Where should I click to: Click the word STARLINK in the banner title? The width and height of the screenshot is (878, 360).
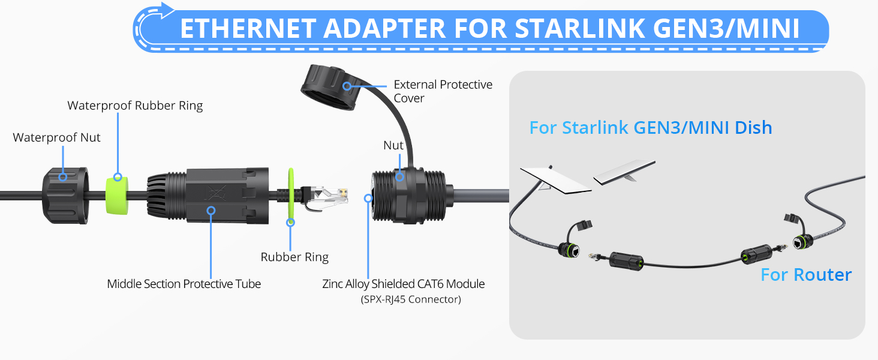click(x=580, y=28)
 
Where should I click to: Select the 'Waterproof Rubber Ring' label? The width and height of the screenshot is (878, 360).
click(x=135, y=106)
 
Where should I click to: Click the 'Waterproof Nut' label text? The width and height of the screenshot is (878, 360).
click(x=56, y=137)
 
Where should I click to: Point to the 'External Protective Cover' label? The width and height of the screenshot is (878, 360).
click(x=443, y=91)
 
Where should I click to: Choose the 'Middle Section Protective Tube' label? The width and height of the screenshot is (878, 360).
click(x=184, y=284)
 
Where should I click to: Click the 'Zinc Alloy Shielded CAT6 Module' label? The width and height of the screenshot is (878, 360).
click(x=404, y=284)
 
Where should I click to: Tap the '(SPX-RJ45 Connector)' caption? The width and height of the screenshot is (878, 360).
click(x=411, y=299)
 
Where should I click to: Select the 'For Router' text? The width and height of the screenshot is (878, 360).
click(x=806, y=275)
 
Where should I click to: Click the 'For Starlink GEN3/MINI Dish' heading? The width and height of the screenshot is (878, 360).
click(x=651, y=128)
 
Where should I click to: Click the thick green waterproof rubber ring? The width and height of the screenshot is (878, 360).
click(x=117, y=196)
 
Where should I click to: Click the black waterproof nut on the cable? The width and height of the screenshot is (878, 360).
click(x=65, y=196)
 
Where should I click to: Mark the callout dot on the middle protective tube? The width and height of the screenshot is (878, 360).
click(x=211, y=211)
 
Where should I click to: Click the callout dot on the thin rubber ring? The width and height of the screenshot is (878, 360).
click(x=290, y=223)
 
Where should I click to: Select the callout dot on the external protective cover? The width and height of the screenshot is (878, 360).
click(x=347, y=86)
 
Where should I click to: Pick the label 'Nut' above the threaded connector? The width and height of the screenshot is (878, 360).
click(x=393, y=145)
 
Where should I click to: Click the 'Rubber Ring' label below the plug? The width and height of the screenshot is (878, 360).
click(x=294, y=257)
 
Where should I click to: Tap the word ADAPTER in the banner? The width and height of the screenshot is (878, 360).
click(x=384, y=28)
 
